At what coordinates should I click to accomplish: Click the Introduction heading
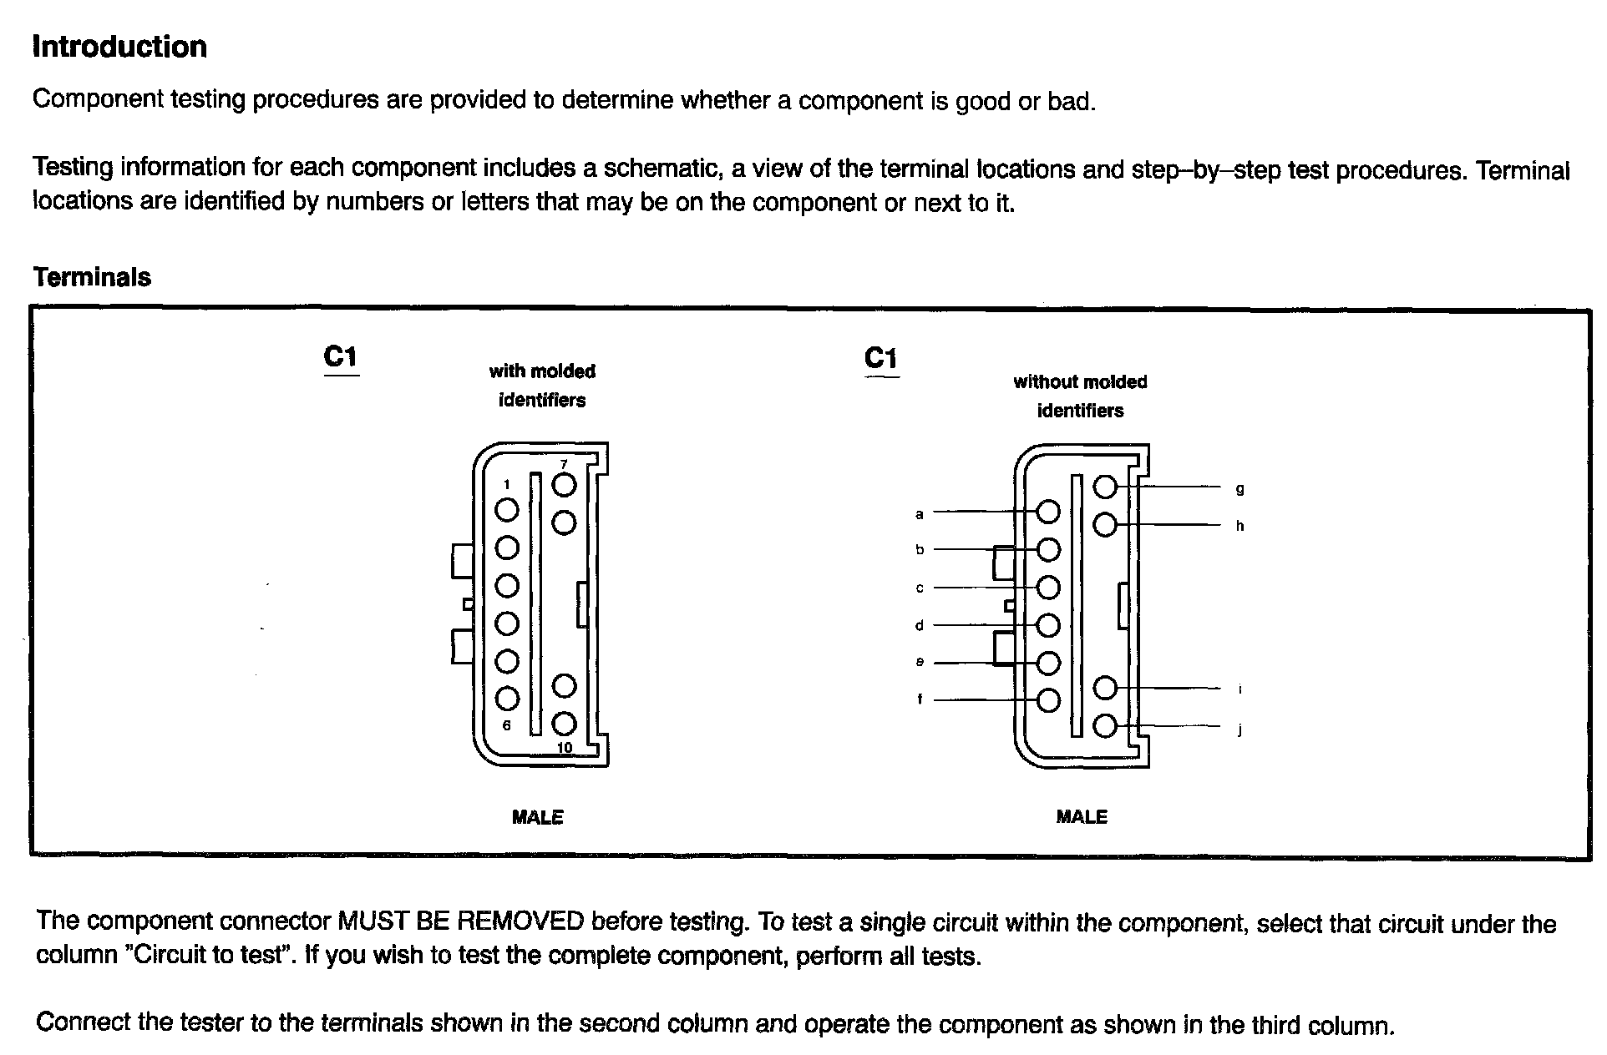point(119,47)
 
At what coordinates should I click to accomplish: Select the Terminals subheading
point(92,277)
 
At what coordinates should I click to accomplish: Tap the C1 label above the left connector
point(341,357)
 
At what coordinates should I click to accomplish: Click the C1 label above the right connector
point(881,359)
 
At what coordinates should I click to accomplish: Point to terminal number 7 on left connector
point(564,465)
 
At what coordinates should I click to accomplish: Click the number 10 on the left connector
point(565,747)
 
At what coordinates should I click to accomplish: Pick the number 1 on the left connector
point(506,484)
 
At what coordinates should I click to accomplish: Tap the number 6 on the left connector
point(506,725)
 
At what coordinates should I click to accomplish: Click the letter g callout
point(1239,489)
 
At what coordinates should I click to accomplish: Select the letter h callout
point(1239,526)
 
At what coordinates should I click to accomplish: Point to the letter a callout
point(920,514)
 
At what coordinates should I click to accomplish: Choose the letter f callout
point(920,699)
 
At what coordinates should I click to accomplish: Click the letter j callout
point(1239,730)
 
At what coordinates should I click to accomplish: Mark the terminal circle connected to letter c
point(1048,588)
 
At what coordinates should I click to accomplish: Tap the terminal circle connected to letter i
point(1105,688)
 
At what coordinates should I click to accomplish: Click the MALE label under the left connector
point(538,817)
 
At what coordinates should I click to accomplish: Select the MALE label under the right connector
point(1082,817)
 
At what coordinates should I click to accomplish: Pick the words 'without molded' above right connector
point(1080,382)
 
